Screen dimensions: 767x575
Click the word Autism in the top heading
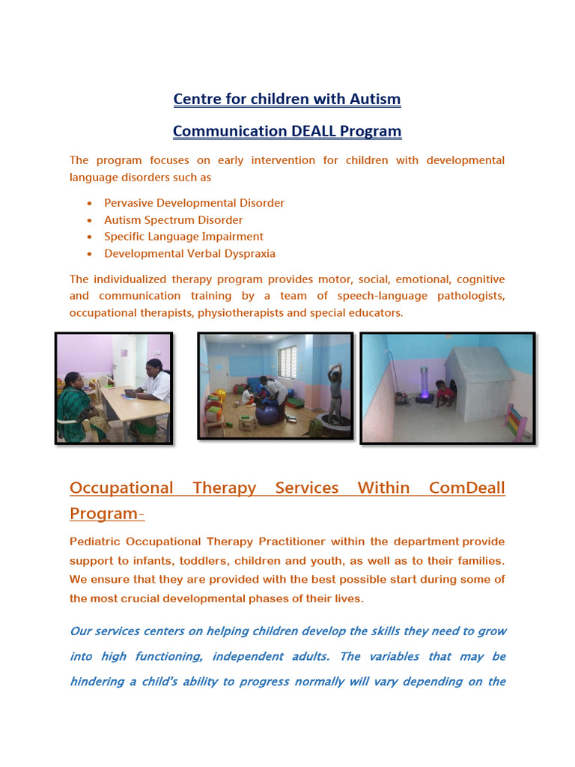[x=374, y=99]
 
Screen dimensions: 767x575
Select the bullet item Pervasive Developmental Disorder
[x=194, y=203]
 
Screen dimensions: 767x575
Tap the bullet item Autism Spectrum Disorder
[x=173, y=220]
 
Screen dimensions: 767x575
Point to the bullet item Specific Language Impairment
[x=183, y=237]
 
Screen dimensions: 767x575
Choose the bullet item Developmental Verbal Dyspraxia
[x=189, y=254]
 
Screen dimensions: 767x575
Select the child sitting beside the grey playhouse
[x=445, y=393]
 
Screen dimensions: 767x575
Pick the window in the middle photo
[x=287, y=363]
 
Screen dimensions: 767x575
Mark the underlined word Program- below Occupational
[x=107, y=514]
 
